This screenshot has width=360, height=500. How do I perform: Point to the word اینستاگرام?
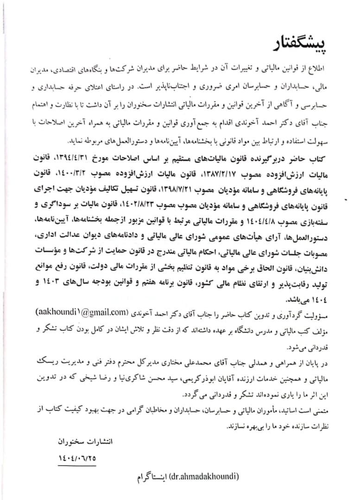152,477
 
